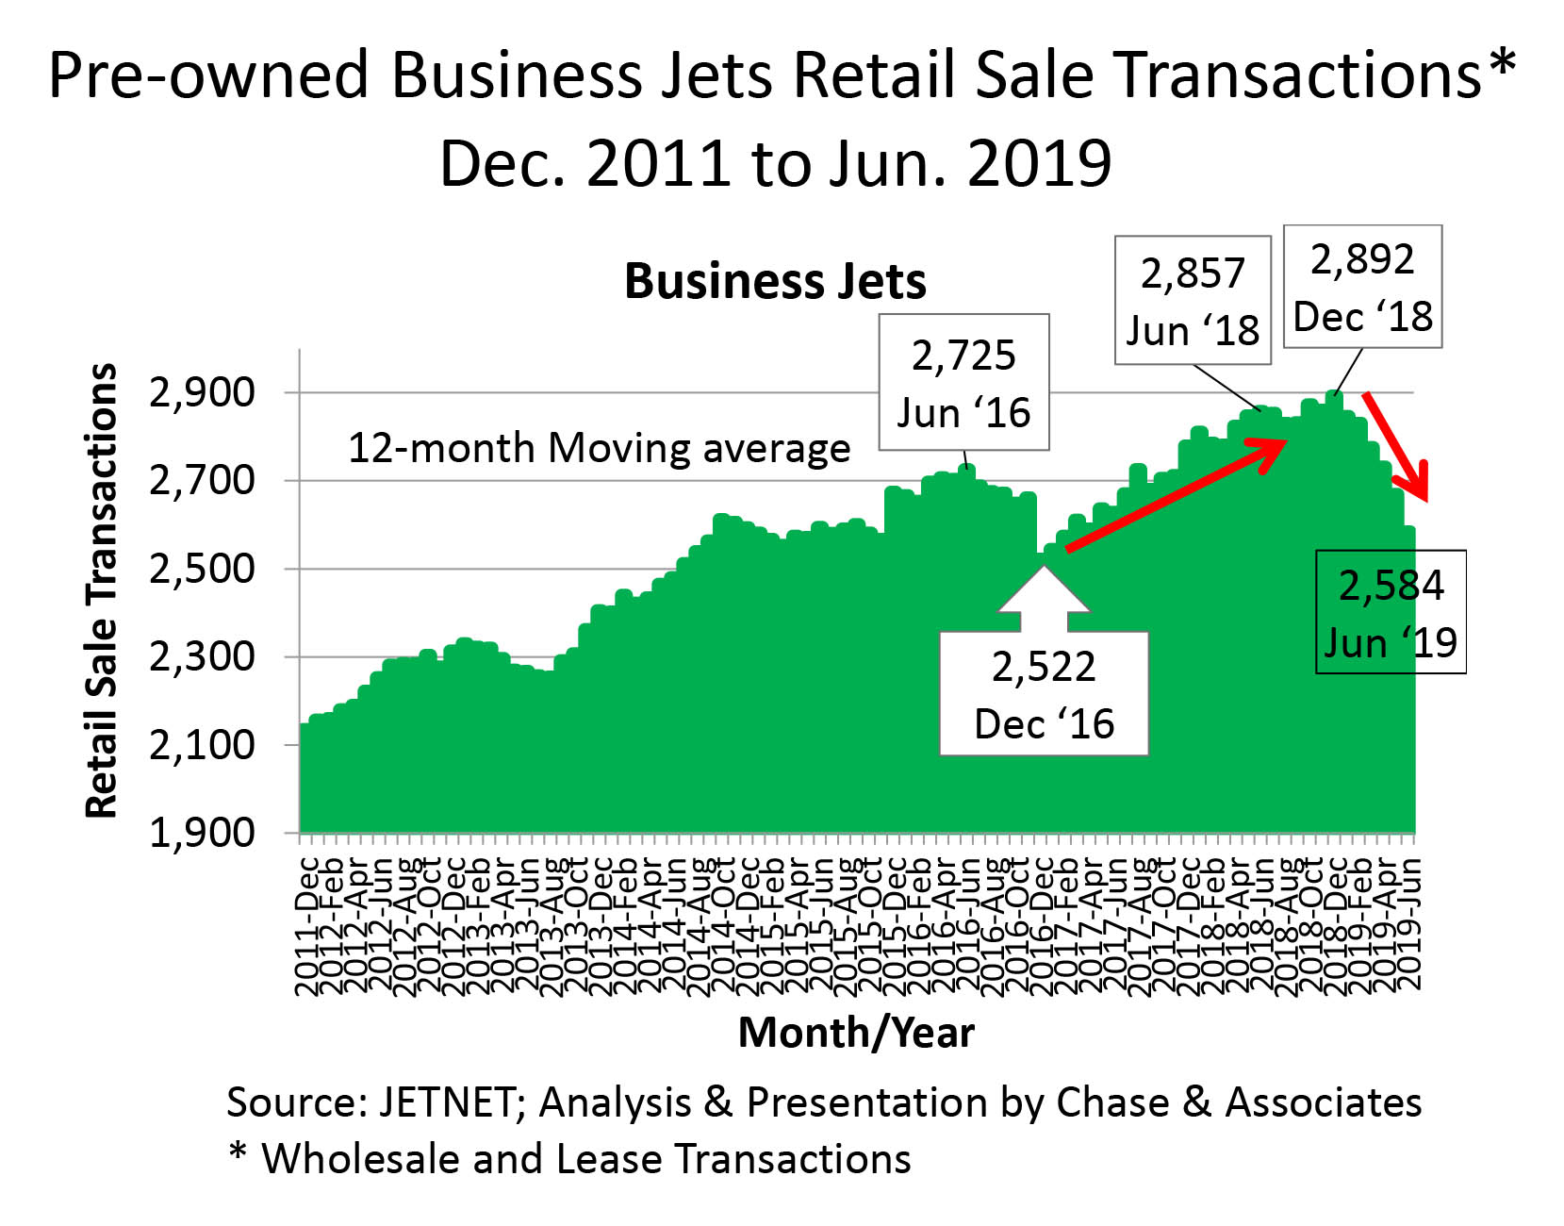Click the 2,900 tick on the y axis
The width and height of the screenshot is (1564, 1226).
click(x=203, y=392)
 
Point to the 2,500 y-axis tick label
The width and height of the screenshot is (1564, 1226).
click(x=203, y=569)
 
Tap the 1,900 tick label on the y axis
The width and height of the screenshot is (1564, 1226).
click(x=203, y=833)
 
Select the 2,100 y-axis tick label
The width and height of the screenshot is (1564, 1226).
click(x=203, y=745)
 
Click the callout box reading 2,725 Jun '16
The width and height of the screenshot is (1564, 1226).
click(x=963, y=383)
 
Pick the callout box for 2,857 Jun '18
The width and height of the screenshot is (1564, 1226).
click(x=1193, y=301)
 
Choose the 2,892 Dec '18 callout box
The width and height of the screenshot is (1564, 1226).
click(x=1362, y=287)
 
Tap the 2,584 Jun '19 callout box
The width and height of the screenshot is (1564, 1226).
click(x=1391, y=612)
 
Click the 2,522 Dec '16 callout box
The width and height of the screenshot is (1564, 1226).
click(x=1044, y=694)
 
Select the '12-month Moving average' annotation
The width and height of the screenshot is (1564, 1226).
click(x=600, y=448)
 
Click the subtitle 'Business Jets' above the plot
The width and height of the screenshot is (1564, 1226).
click(x=775, y=281)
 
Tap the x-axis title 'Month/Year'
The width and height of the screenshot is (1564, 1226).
click(x=856, y=1033)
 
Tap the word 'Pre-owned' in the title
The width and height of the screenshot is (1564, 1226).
click(x=208, y=75)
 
